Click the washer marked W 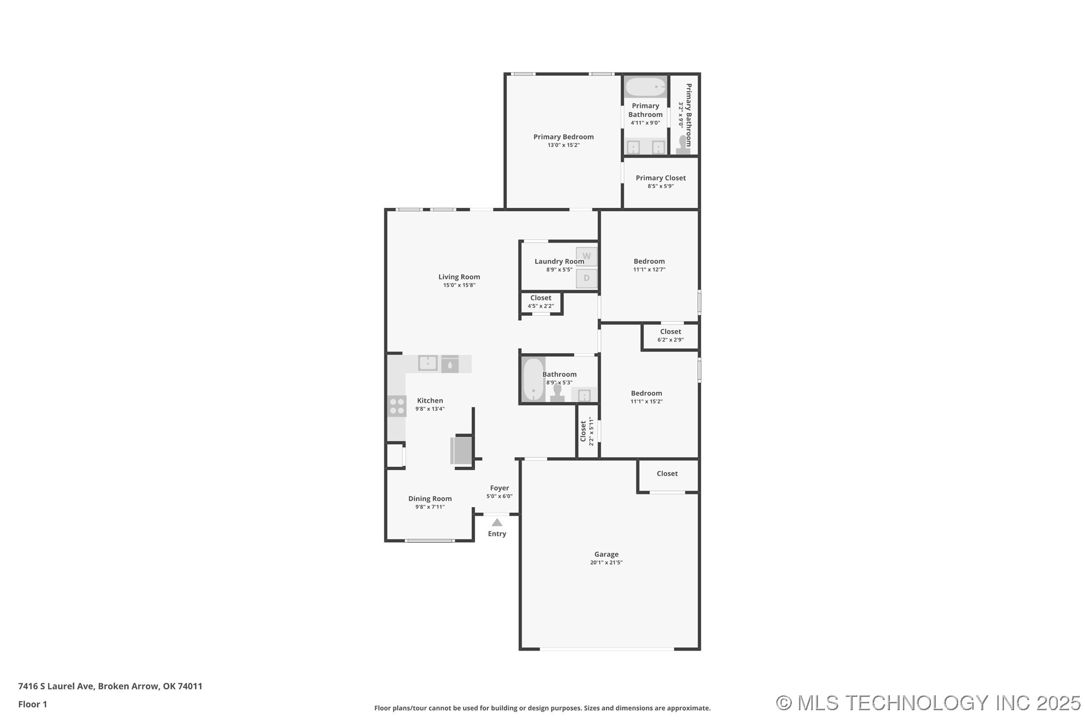[x=586, y=256]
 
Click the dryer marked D [x=586, y=278]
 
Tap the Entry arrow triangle [x=497, y=522]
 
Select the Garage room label [x=606, y=554]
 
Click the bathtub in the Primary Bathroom [x=645, y=87]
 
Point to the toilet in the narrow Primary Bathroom [x=683, y=144]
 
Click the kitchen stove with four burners [x=396, y=406]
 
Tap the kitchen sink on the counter [x=427, y=363]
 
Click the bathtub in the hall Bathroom [x=533, y=379]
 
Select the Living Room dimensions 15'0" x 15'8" [x=459, y=285]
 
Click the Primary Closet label [x=660, y=178]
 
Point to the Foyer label [x=499, y=488]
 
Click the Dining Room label [x=430, y=499]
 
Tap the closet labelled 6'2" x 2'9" [x=670, y=336]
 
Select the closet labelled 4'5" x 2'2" [x=540, y=302]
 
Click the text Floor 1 [x=33, y=704]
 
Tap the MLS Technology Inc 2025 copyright [x=928, y=703]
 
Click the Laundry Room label [x=559, y=261]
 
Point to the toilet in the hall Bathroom [x=557, y=393]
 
